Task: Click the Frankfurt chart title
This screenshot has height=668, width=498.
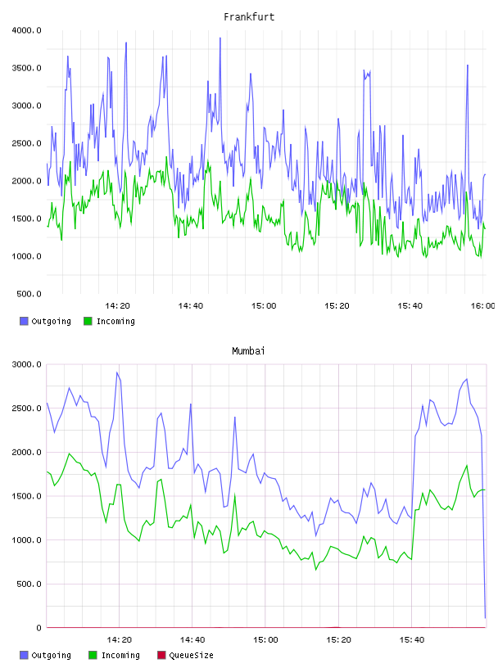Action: tap(249, 17)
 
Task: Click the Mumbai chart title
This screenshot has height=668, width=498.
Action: tap(248, 351)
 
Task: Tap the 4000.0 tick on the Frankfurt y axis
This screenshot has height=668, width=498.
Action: tap(27, 30)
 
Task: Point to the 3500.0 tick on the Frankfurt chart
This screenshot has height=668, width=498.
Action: tap(27, 68)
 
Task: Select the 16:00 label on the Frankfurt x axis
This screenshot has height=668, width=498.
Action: tap(482, 306)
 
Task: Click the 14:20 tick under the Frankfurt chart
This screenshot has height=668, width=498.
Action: tap(117, 306)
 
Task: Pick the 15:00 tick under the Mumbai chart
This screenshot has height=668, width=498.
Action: tap(265, 640)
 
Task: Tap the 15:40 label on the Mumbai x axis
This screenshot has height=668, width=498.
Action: tap(411, 640)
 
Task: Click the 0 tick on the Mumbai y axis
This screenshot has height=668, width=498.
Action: tap(38, 628)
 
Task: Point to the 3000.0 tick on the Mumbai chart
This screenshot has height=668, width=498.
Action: tap(27, 364)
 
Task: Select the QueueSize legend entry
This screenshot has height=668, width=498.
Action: tap(185, 655)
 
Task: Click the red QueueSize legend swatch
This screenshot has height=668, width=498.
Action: tap(161, 655)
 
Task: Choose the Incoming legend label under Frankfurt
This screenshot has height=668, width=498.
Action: tap(115, 321)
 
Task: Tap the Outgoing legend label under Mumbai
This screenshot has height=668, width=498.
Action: tap(51, 655)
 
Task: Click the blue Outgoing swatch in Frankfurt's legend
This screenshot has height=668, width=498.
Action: tap(24, 321)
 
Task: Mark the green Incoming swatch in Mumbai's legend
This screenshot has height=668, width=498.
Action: tap(93, 655)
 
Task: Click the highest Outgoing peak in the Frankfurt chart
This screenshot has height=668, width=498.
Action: tap(220, 38)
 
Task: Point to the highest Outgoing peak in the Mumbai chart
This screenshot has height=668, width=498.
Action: tap(117, 372)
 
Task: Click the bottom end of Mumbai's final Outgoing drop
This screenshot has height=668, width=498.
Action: tap(485, 618)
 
